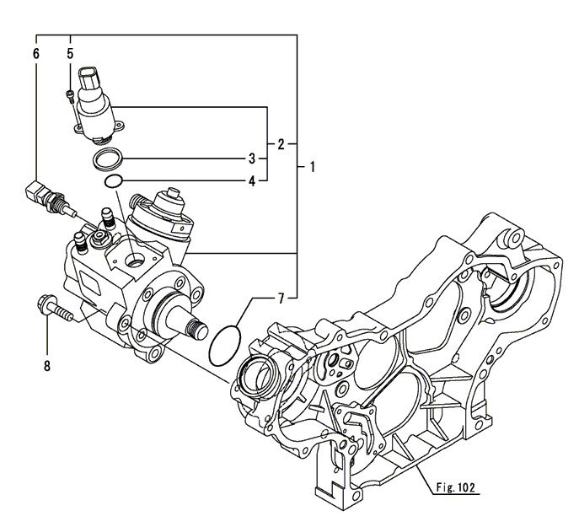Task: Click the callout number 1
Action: [312, 167]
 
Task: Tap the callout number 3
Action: [251, 159]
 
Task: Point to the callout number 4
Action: [251, 180]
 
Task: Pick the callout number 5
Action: [70, 53]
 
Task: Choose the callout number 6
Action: [36, 53]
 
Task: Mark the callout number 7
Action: [281, 298]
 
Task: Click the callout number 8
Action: [47, 365]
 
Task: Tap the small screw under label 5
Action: [70, 95]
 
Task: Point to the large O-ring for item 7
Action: [225, 344]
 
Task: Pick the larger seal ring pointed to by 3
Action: [109, 159]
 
